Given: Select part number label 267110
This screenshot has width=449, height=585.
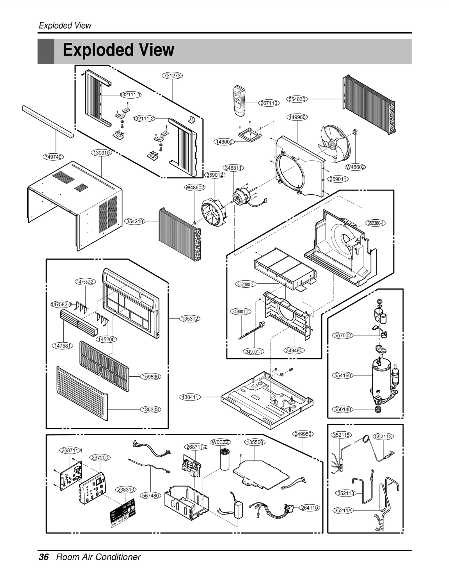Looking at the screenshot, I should (269, 103).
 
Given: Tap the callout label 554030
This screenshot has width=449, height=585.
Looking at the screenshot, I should (297, 99).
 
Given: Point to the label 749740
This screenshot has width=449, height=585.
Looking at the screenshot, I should (53, 157).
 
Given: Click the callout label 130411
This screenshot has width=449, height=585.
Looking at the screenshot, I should (190, 397).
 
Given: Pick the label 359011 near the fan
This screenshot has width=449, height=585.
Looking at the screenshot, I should (338, 179).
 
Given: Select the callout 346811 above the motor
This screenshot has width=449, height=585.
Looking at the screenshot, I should (233, 168).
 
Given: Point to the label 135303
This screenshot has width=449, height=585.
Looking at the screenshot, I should (151, 409).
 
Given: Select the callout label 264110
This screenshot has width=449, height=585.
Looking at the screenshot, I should (309, 507).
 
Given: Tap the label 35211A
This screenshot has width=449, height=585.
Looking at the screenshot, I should (343, 510).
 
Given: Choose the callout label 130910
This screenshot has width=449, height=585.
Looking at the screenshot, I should (101, 153).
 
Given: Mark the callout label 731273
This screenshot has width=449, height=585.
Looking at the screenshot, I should (172, 76).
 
